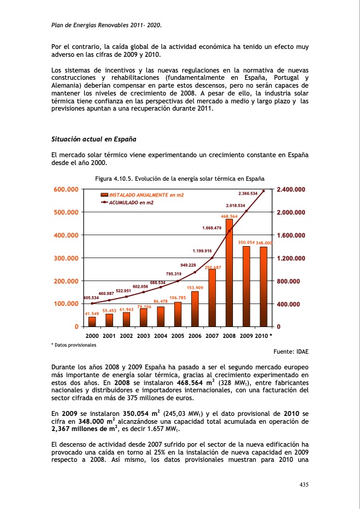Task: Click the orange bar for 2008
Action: (229, 272)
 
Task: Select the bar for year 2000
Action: (92, 322)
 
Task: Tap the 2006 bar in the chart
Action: (195, 308)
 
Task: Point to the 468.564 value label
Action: (229, 216)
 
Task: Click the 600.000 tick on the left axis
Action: (67, 190)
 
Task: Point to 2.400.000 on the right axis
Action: (290, 190)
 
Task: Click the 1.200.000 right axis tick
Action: (290, 258)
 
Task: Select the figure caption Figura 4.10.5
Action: (180, 179)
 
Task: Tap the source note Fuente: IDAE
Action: (295, 351)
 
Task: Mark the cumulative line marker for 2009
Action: (246, 211)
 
